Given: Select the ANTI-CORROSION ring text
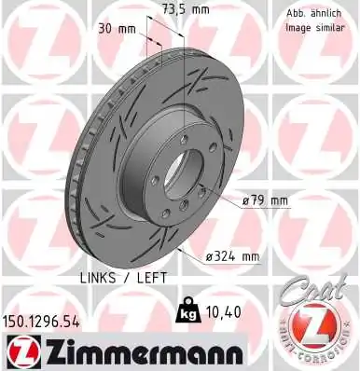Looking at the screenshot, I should point(316,357).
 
